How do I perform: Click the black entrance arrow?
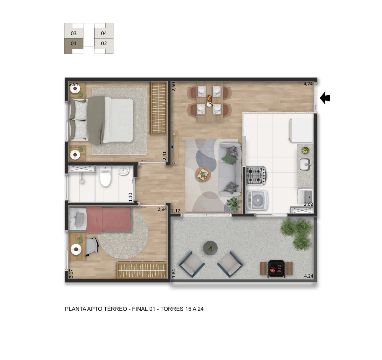tap(325, 98)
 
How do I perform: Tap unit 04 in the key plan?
tap(104, 33)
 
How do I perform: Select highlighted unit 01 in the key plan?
tap(74, 44)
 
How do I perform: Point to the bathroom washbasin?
tap(123, 171)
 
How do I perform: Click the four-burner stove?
tap(256, 176)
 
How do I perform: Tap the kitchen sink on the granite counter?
tap(305, 164)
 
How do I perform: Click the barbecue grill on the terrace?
tap(276, 268)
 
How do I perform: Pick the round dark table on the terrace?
tap(210, 248)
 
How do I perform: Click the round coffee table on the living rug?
tap(203, 174)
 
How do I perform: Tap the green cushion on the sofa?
tap(229, 158)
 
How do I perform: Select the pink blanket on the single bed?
tap(109, 219)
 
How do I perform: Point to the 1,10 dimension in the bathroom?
tap(131, 197)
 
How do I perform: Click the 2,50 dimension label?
tap(174, 87)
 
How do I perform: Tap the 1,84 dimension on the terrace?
tap(173, 273)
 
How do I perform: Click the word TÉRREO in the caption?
tap(116, 309)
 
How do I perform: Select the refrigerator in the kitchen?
tap(301, 130)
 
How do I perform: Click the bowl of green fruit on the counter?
tap(305, 150)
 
